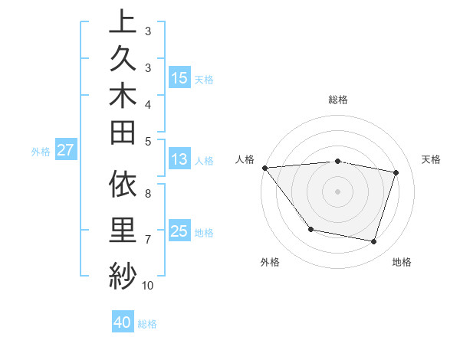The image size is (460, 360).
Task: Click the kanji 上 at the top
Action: (x=123, y=22)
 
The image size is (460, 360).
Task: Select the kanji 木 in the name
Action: (x=123, y=98)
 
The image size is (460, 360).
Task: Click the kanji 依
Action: (x=123, y=186)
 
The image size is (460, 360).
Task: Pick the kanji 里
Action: (x=123, y=230)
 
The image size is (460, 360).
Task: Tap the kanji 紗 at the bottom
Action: (x=123, y=273)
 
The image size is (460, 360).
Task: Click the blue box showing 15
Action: (x=179, y=77)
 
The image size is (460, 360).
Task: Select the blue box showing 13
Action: (x=179, y=159)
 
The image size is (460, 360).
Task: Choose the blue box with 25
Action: (x=179, y=231)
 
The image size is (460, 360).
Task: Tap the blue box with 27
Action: (x=65, y=150)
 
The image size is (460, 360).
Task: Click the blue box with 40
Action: (x=123, y=322)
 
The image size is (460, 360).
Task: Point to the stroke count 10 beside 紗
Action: (x=148, y=286)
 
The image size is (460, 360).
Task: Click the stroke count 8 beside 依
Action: (x=148, y=193)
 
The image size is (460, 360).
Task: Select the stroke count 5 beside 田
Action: (x=148, y=141)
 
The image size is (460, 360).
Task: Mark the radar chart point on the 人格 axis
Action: (x=264, y=167)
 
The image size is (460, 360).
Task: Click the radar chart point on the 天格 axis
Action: (x=396, y=172)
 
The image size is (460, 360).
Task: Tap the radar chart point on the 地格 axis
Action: (x=374, y=242)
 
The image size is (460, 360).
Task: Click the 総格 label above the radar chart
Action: (x=338, y=100)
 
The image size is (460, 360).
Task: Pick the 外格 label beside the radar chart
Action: (x=270, y=262)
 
